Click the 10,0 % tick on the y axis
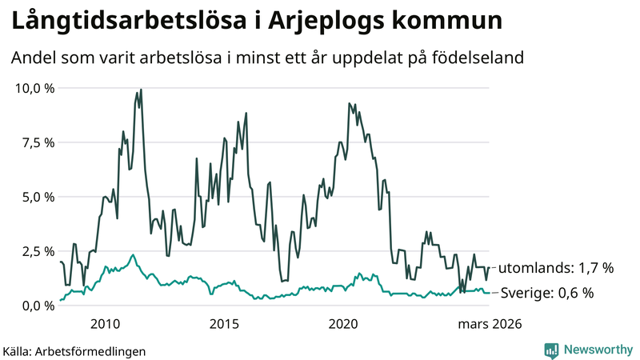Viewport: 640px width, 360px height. pyautogui.click(x=33, y=88)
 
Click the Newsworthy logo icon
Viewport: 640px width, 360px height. pyautogui.click(x=551, y=350)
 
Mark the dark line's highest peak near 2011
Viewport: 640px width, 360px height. pyautogui.click(x=141, y=90)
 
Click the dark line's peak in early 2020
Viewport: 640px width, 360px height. pyautogui.click(x=349, y=103)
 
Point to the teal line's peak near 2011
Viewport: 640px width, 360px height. pyautogui.click(x=133, y=254)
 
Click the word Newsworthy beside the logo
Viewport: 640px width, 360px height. pyautogui.click(x=597, y=350)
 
